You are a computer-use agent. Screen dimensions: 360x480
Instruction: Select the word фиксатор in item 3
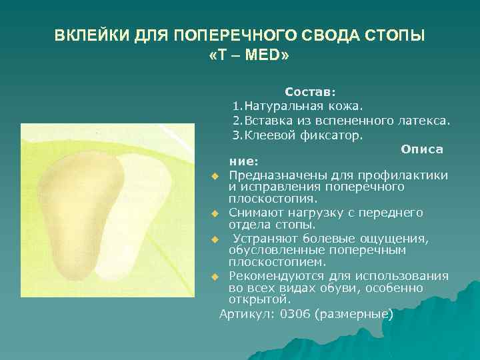pos(336,135)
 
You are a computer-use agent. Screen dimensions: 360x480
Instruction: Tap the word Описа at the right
pos(422,149)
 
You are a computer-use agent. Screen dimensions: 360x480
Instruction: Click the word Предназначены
pos(273,175)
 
